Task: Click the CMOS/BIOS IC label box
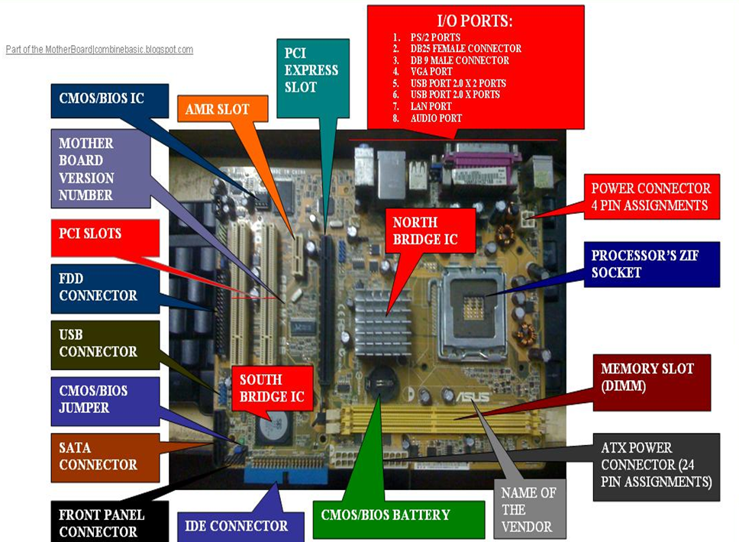pos(102,98)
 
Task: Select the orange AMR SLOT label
pos(217,110)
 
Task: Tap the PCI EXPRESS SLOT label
pos(311,69)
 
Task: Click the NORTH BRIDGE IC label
pos(426,231)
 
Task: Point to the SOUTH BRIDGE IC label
pos(271,388)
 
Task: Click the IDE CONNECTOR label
pos(237,525)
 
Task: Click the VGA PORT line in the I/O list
pos(431,72)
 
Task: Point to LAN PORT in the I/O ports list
pos(431,106)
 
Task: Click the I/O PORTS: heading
pos(474,21)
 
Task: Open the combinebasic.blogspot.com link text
pos(99,50)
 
